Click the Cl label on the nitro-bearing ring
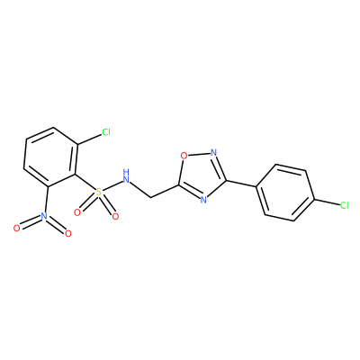coord(106,132)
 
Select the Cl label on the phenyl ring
coord(344,205)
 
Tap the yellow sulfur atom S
coord(98,192)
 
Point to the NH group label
coord(127,176)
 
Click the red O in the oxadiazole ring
coord(184,156)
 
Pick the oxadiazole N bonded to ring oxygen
coord(213,152)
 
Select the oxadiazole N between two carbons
coord(203,200)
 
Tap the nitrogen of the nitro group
coord(44,215)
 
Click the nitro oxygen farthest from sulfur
coord(17,229)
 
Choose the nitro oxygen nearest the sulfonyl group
coord(68,233)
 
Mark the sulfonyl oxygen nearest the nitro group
coord(77,212)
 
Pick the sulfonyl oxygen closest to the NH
coord(115,216)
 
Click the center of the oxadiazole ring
coord(201,175)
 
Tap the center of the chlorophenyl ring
coord(285,193)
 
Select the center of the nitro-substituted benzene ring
coord(51,158)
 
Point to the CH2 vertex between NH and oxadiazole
coord(150,197)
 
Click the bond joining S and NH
coord(112,185)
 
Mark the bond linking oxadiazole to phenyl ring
coord(241,184)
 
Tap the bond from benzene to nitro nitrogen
coord(46,199)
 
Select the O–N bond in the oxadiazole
coord(199,154)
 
